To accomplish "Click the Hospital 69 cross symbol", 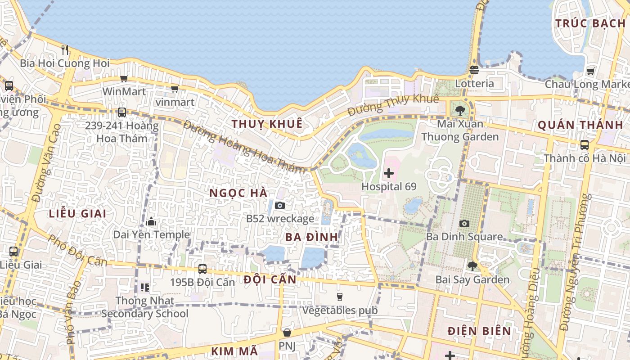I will pos(389,173).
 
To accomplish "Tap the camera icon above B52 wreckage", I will pos(280,206).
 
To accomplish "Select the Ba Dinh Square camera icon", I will pos(464,223).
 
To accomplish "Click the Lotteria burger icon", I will pos(474,70).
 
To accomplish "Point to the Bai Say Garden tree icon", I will pos(472,266).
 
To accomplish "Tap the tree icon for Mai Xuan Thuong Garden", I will pos(460,110).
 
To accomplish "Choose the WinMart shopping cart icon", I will pos(124,78).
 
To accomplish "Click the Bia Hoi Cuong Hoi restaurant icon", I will pos(65,49).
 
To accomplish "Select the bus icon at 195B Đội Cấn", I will pos(202,269).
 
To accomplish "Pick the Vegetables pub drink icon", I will pos(340,297).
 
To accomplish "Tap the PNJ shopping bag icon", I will pos(287,333).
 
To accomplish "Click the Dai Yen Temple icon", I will pos(151,221).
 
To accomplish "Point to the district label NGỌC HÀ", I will pos(238,193).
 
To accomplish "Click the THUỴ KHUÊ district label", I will pos(267,124).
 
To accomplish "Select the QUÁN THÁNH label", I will pos(580,125).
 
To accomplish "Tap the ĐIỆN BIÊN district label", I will pos(479,331).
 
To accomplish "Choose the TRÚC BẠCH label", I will pos(590,23).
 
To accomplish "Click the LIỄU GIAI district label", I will pos(77,214).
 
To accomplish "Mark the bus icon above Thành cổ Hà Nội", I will pos(584,145).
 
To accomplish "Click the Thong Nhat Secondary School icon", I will pos(144,287).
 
